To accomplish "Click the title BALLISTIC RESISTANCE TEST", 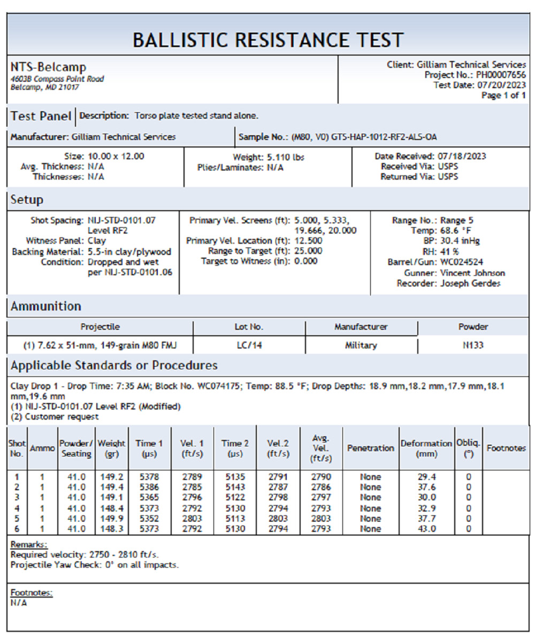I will point(267,40).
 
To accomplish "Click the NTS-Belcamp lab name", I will point(48,67).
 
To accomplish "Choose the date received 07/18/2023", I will point(461,157).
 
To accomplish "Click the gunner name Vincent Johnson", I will point(472,273).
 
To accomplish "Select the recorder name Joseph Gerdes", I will point(470,283).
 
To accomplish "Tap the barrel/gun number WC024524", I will point(462,262).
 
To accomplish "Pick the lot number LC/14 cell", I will point(249,345).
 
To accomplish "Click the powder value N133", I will point(473,345).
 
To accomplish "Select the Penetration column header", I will point(370,448).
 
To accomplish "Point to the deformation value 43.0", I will point(426,529).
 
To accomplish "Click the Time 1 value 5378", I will point(149,477).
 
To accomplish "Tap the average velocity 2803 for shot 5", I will point(321,519).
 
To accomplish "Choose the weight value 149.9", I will point(112,519).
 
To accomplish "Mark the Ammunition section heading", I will point(46,306).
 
